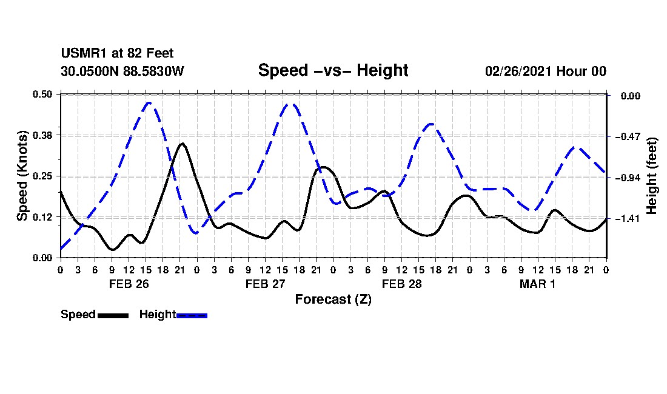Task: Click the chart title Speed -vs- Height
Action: click(x=333, y=70)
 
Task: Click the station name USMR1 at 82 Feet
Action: click(x=117, y=53)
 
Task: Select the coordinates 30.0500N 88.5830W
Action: click(x=122, y=71)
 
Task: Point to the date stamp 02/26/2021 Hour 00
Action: click(x=545, y=71)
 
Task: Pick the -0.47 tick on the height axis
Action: click(x=628, y=136)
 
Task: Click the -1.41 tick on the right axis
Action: click(x=628, y=218)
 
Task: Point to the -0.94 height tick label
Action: click(x=628, y=178)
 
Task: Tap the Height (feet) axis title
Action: click(x=651, y=176)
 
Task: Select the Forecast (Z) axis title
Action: click(x=333, y=299)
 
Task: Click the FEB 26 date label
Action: click(x=129, y=284)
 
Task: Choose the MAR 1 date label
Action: click(x=537, y=284)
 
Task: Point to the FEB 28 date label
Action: click(x=401, y=284)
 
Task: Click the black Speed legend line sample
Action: click(x=113, y=315)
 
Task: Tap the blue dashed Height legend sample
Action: click(x=192, y=315)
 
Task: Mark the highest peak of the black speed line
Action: click(x=182, y=144)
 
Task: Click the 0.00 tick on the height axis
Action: click(x=631, y=96)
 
